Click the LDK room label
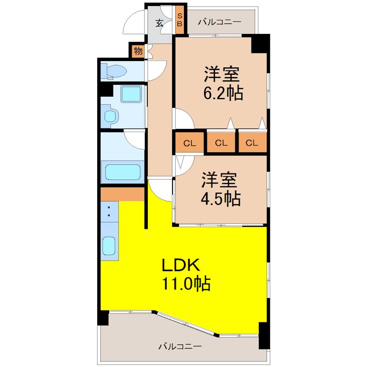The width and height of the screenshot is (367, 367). click(x=181, y=265)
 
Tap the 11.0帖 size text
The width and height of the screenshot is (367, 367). click(x=186, y=284)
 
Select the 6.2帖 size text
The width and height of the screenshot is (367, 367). click(x=223, y=93)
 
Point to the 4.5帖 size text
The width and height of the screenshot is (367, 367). click(x=221, y=199)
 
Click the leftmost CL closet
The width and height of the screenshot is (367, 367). click(x=189, y=142)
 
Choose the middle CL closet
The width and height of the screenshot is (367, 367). click(x=221, y=142)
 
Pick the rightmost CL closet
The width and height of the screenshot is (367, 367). click(x=252, y=142)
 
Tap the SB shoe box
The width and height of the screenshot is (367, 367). click(x=179, y=20)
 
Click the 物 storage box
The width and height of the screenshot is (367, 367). click(x=138, y=50)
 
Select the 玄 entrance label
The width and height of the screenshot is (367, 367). click(x=159, y=23)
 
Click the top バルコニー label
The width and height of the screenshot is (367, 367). click(x=220, y=22)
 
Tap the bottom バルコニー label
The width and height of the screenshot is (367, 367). click(x=180, y=346)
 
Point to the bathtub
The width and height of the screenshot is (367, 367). click(x=122, y=172)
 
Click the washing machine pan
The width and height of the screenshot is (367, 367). click(x=131, y=94)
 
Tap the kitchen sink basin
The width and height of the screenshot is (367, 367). click(x=109, y=245)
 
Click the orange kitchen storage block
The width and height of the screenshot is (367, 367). click(x=122, y=194)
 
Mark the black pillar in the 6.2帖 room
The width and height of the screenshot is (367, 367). click(x=260, y=44)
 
